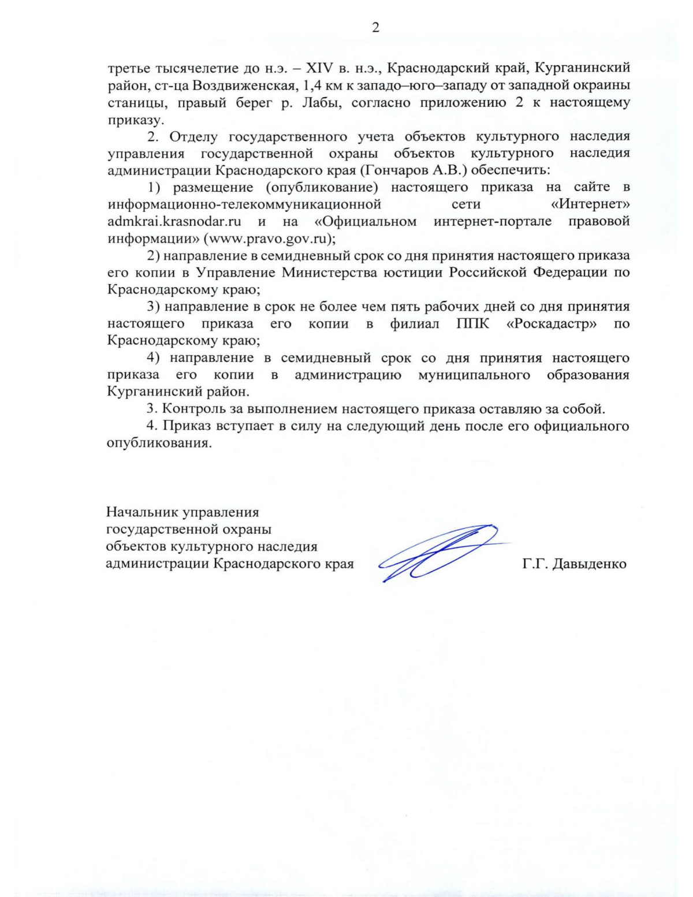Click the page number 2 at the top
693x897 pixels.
375,28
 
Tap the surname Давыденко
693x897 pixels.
590,564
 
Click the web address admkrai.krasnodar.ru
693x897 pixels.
174,221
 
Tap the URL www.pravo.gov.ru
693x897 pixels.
268,239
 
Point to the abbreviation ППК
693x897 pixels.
472,323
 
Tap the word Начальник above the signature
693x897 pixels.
141,512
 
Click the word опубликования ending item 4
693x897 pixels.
157,444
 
